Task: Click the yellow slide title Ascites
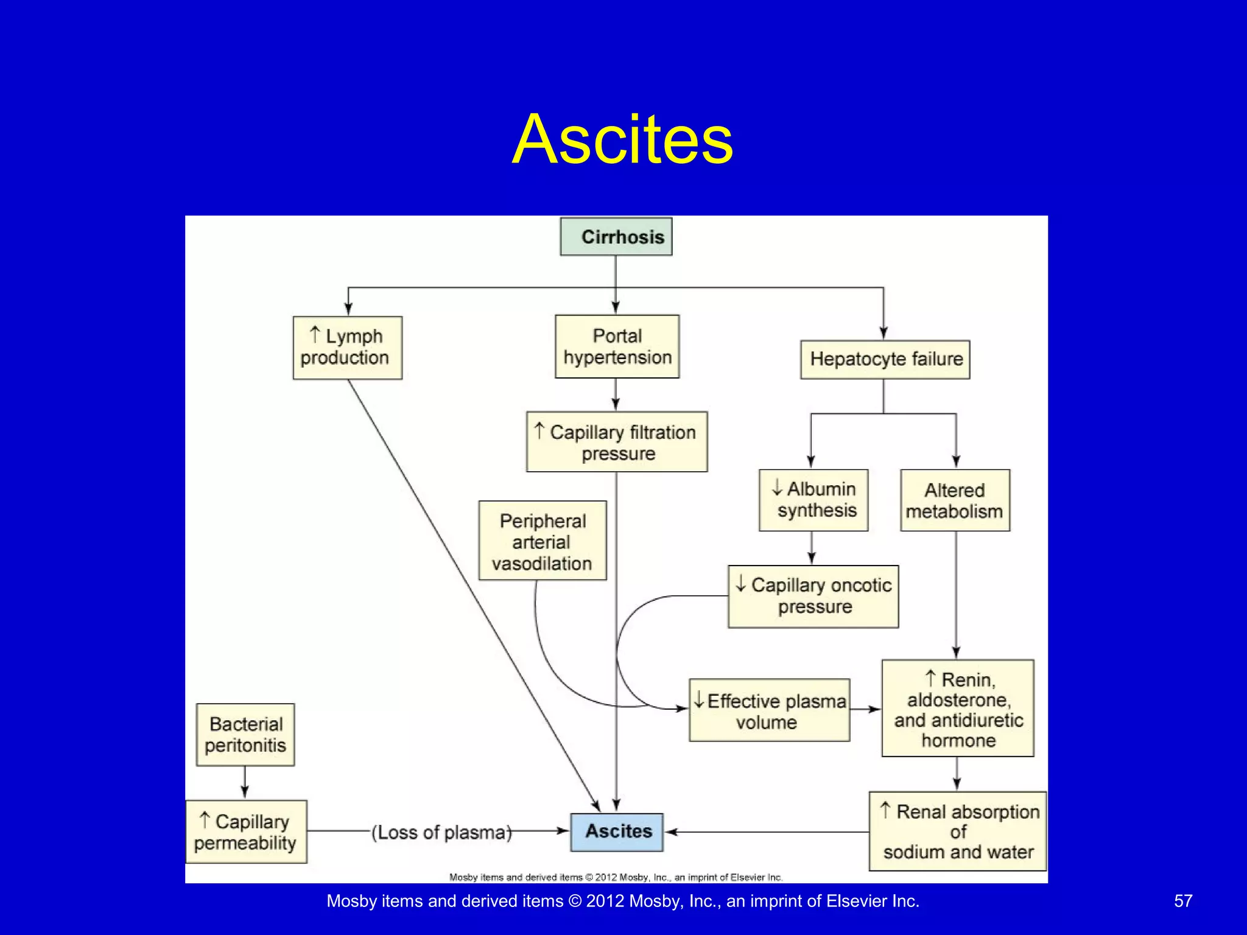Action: (x=622, y=139)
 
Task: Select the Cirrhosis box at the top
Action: (x=616, y=236)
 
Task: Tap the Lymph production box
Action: (x=347, y=347)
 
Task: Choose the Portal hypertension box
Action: (x=617, y=346)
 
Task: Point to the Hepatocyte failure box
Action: (x=885, y=359)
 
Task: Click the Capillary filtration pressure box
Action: (x=617, y=442)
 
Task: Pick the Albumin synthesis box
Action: (x=813, y=500)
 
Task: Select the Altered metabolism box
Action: (x=955, y=500)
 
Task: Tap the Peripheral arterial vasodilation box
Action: (x=543, y=541)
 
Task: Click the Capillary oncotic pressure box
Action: (x=813, y=596)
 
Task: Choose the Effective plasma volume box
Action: (x=769, y=710)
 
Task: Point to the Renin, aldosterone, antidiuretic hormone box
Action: (x=958, y=708)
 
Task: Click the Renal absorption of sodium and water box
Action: (x=958, y=831)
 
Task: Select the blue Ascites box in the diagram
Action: (x=617, y=832)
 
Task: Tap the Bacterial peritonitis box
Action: (x=245, y=734)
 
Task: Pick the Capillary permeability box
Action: (x=245, y=832)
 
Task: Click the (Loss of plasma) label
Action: (x=441, y=832)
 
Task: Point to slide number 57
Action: (x=1182, y=901)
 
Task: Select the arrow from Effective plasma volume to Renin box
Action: (x=865, y=709)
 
